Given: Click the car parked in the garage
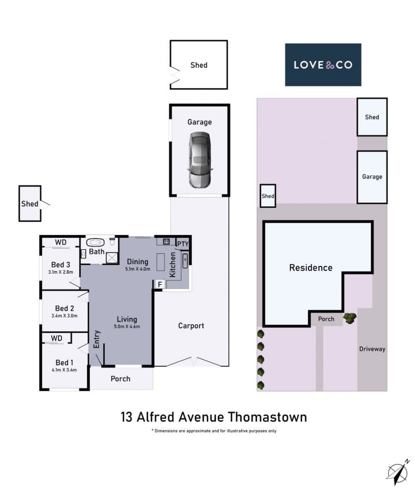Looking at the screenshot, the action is point(200,160).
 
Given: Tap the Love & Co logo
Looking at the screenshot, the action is point(323,65).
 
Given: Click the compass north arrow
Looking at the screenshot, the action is point(398,472).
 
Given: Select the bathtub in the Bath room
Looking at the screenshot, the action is point(95,242).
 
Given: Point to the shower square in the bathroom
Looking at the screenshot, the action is point(112,258).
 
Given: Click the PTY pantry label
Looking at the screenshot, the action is point(183,243).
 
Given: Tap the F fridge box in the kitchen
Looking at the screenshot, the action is point(160,284).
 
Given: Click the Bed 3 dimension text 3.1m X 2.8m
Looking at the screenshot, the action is point(61,272).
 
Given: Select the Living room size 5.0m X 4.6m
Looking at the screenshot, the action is point(127,327).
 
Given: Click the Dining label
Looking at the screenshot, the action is point(137,262).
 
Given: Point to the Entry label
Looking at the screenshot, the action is point(96,339).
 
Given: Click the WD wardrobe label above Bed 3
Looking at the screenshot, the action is point(61,242).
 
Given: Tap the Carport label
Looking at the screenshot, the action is point(191,326).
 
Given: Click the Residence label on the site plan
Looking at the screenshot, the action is point(311,268).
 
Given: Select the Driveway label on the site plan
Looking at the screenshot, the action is point(372,349).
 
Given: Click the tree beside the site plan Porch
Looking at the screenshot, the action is point(350,318).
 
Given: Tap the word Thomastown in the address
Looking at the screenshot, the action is point(267,417).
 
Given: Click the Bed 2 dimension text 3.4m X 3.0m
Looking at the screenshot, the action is point(65,315).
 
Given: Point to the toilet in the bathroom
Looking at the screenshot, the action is point(112,241).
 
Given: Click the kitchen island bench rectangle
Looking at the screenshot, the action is point(161,262).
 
